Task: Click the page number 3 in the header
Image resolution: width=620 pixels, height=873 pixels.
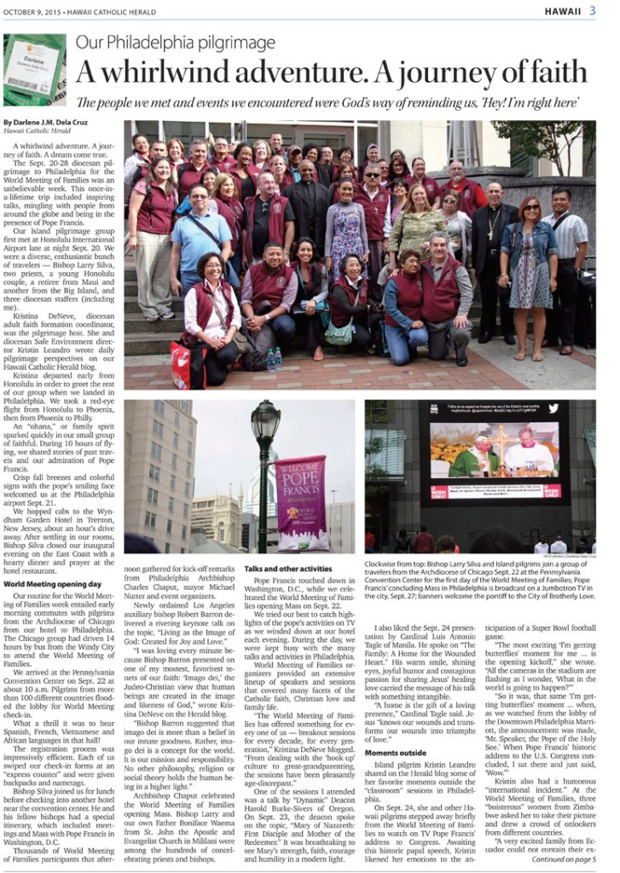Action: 592,10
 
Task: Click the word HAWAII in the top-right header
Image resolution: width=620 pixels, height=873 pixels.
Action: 563,10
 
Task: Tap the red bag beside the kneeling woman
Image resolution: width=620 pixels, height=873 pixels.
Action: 182,364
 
